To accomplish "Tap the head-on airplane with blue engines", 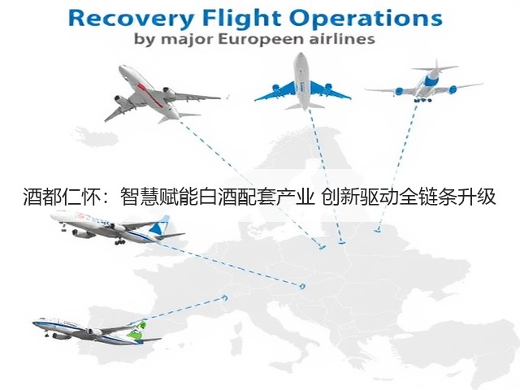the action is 424,81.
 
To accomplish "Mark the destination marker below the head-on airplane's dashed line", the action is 377,229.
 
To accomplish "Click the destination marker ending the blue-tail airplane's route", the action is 301,286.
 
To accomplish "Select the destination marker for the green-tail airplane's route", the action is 226,297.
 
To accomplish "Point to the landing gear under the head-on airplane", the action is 422,99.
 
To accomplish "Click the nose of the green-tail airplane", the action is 34,323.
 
